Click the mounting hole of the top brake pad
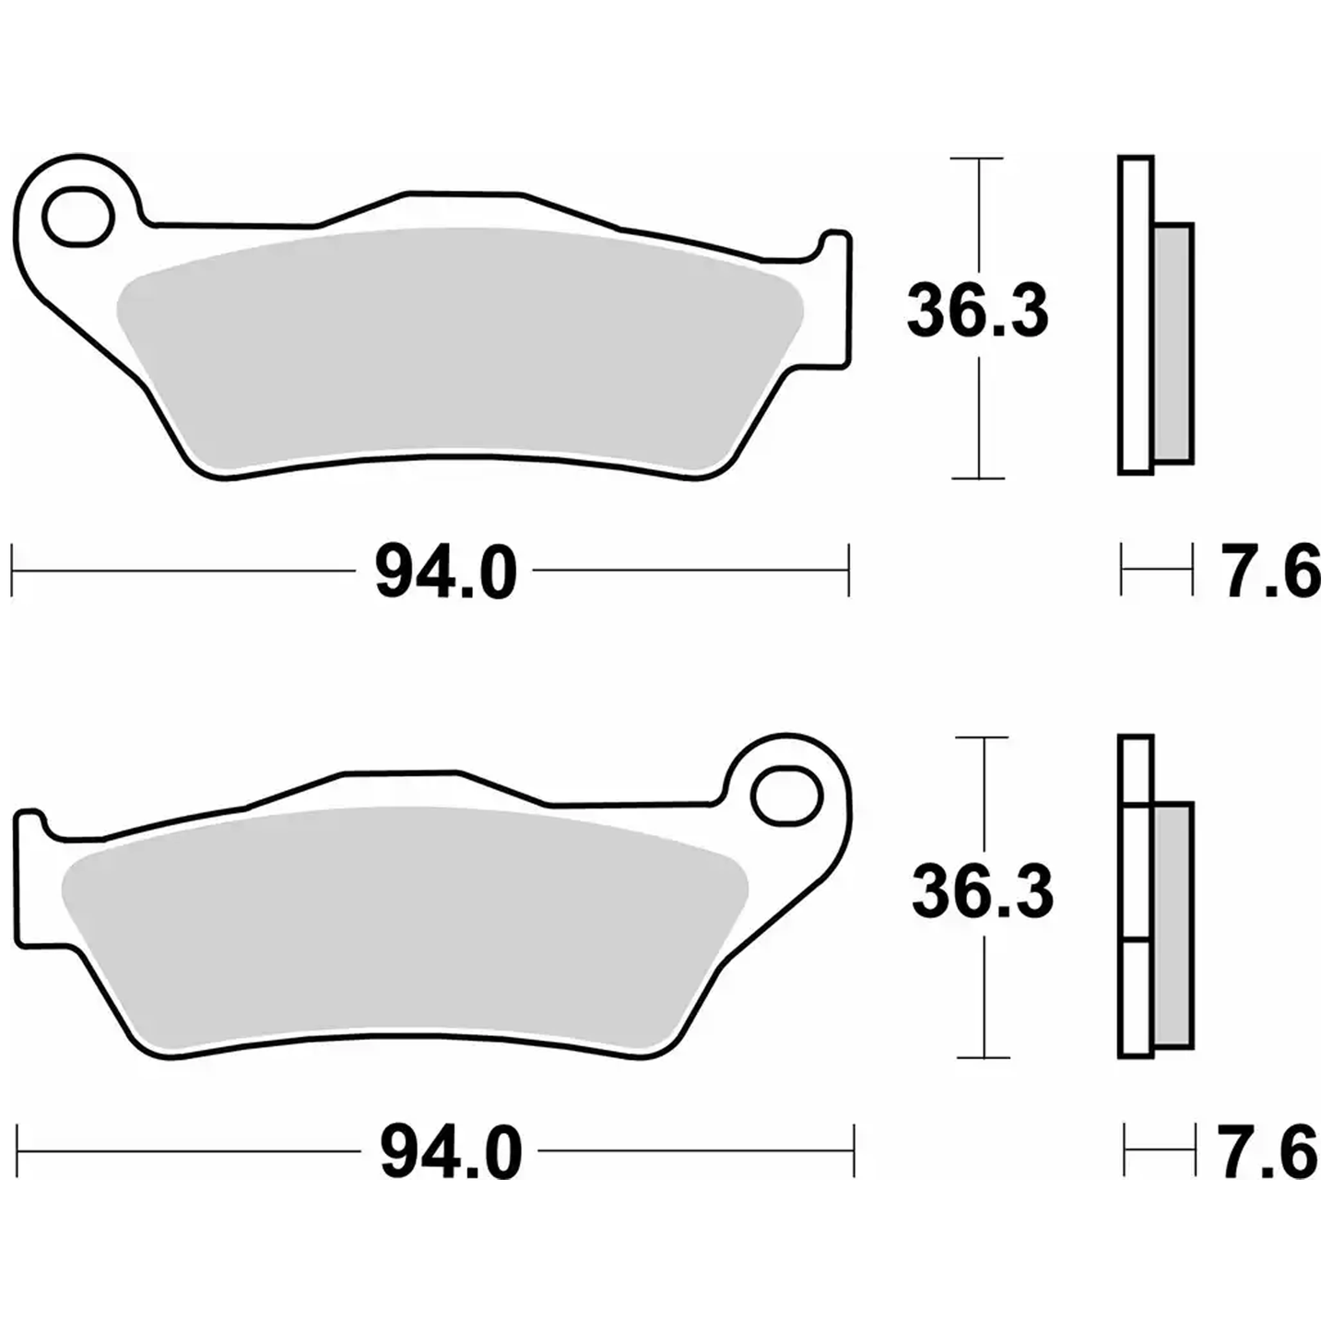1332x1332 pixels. [x=77, y=218]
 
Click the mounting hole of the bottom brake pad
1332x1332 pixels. [x=786, y=796]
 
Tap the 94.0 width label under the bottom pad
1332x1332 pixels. [x=451, y=1153]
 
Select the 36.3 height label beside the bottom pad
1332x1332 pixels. [x=983, y=892]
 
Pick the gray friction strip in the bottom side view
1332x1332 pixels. [x=1173, y=925]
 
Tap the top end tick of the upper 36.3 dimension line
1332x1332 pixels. [x=977, y=159]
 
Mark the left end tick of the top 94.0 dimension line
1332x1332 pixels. [x=12, y=571]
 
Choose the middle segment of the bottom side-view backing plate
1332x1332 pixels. [x=1136, y=874]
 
